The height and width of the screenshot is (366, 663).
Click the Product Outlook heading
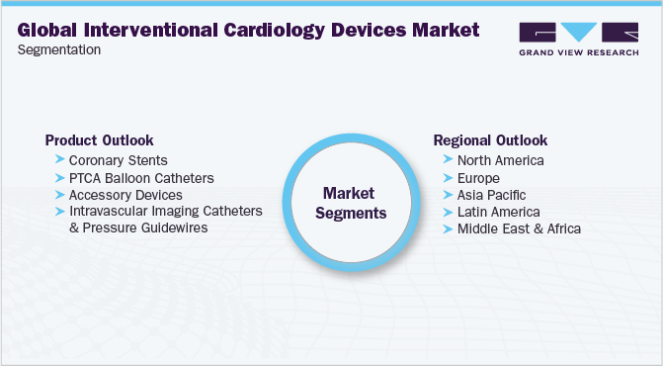(100, 140)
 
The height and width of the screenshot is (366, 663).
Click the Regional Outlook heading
(490, 140)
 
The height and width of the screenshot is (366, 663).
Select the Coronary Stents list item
(119, 160)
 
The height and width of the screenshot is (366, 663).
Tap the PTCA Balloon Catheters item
(141, 178)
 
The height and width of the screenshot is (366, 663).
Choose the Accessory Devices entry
(125, 195)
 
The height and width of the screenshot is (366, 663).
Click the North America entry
(500, 160)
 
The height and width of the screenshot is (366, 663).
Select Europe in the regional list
(479, 178)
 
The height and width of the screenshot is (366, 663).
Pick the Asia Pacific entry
(491, 195)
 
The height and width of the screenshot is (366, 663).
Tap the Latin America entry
(499, 212)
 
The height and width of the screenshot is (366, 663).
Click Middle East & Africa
(519, 229)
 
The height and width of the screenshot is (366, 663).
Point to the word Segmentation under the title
(59, 49)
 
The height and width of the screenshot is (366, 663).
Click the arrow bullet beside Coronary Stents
(60, 160)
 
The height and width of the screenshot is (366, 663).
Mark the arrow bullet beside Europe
(449, 178)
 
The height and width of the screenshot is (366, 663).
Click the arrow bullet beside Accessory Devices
(60, 195)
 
